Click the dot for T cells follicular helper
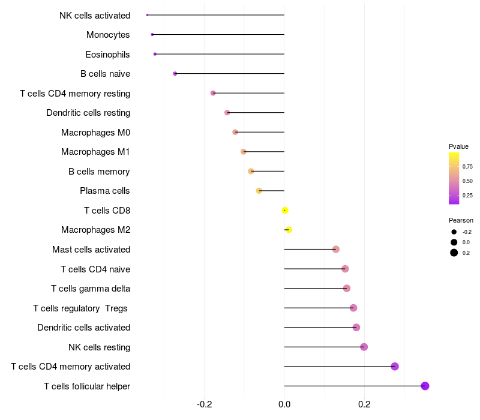[425, 386]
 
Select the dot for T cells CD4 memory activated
[395, 367]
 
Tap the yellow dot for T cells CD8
[285, 210]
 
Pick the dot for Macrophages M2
[289, 230]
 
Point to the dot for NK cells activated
[147, 15]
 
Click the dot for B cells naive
[175, 74]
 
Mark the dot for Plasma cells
[259, 191]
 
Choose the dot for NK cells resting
[364, 347]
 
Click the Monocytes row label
[108, 35]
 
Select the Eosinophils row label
[107, 55]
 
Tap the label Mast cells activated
[91, 250]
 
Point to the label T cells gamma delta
[91, 289]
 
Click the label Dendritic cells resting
[88, 113]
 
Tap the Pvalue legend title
[458, 146]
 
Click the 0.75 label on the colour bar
[467, 166]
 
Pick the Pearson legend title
[461, 220]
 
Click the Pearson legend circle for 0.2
[454, 253]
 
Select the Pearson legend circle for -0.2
[454, 232]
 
